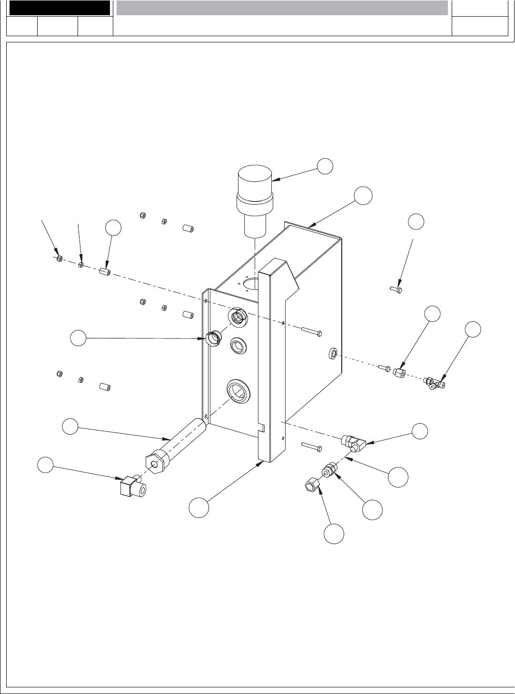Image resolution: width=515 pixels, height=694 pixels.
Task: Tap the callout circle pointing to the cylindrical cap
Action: coord(325,165)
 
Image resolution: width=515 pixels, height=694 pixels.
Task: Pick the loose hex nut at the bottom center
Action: coord(311,486)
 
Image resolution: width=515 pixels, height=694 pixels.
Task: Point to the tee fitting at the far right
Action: coord(435,383)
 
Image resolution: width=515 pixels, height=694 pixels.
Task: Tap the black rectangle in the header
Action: coord(59,8)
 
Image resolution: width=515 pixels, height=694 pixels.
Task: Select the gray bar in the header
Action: coord(282,8)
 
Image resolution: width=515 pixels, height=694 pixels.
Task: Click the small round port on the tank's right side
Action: coord(333,354)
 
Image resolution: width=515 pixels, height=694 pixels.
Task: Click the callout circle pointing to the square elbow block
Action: coord(46,465)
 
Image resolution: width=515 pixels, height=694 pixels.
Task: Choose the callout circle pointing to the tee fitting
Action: coord(473,329)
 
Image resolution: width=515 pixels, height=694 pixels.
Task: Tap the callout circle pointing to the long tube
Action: coord(70,426)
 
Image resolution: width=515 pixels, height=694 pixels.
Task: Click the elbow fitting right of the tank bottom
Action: coord(352,442)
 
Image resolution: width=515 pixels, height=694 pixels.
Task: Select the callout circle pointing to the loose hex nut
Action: coord(334,534)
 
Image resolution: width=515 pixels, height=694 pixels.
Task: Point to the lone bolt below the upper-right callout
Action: coord(396,289)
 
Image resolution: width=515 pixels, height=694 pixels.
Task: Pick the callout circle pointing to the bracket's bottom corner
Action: coord(198,507)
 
